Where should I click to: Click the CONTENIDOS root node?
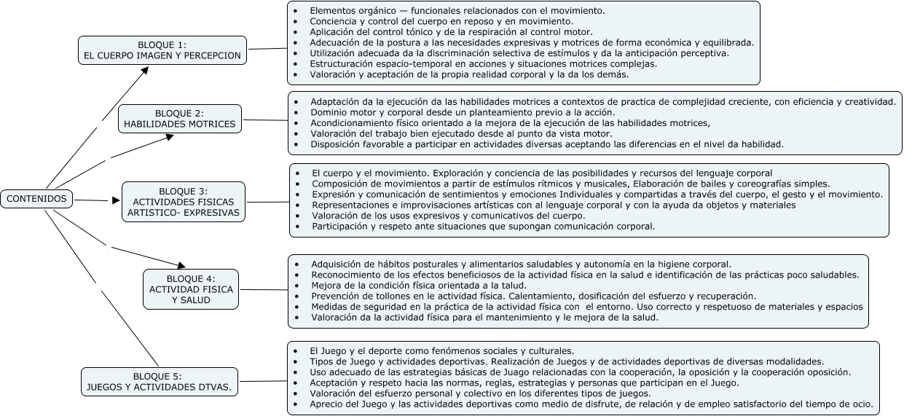pyautogui.click(x=36, y=198)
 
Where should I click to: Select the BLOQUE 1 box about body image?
pyautogui.click(x=162, y=50)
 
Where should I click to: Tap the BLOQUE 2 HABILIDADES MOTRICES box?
pyautogui.click(x=180, y=119)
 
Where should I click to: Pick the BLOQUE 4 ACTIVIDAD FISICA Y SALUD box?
pyautogui.click(x=191, y=289)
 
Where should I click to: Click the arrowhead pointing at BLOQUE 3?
pyautogui.click(x=116, y=200)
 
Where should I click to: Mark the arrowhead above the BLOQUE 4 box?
pyautogui.click(x=181, y=265)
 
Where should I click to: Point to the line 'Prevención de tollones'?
pyautogui.click(x=533, y=297)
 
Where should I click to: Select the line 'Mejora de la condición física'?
pyautogui.click(x=418, y=286)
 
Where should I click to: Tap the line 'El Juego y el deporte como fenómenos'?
pyautogui.click(x=441, y=350)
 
